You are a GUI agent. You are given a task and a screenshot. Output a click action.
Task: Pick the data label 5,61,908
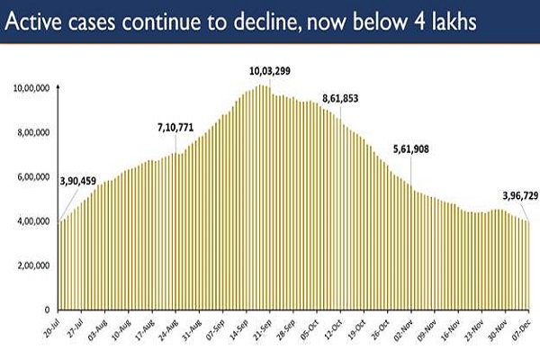point(416,148)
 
